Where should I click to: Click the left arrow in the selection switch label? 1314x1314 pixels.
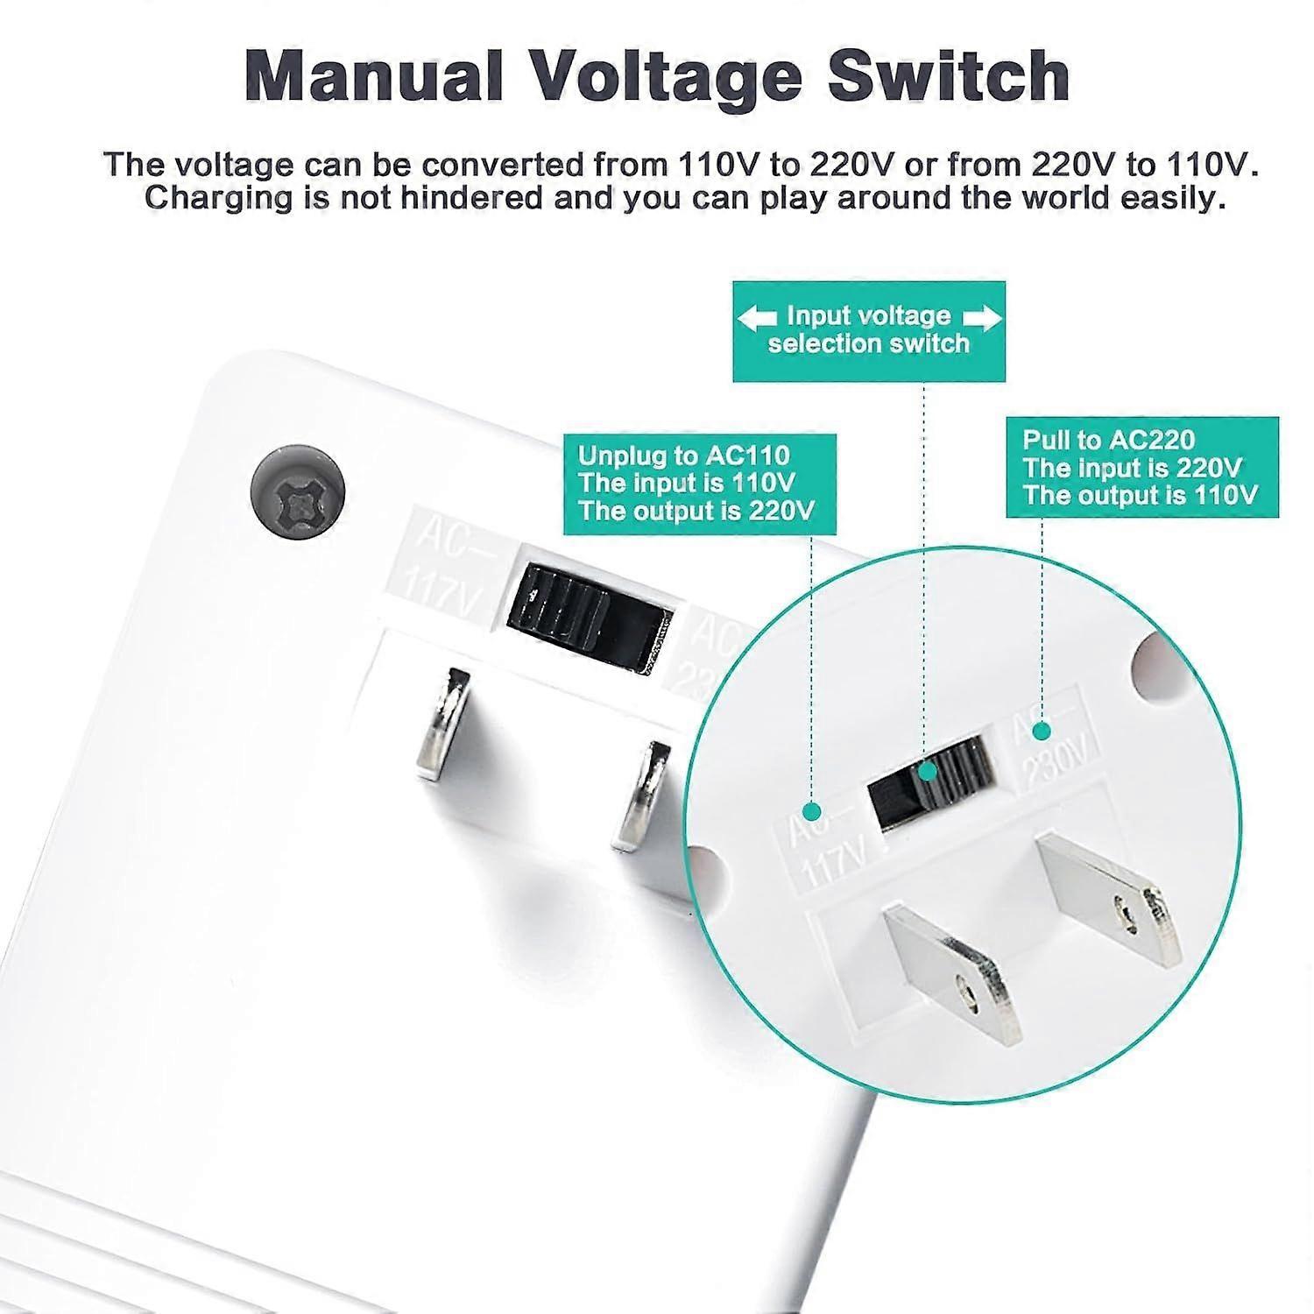(x=757, y=318)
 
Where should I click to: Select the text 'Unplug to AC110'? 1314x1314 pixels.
(x=683, y=456)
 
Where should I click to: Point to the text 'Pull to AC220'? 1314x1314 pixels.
(x=1108, y=440)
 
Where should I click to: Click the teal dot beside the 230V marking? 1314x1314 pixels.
(x=1042, y=729)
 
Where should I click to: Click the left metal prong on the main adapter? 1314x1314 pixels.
(x=441, y=725)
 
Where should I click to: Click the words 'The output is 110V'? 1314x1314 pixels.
(x=1140, y=495)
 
